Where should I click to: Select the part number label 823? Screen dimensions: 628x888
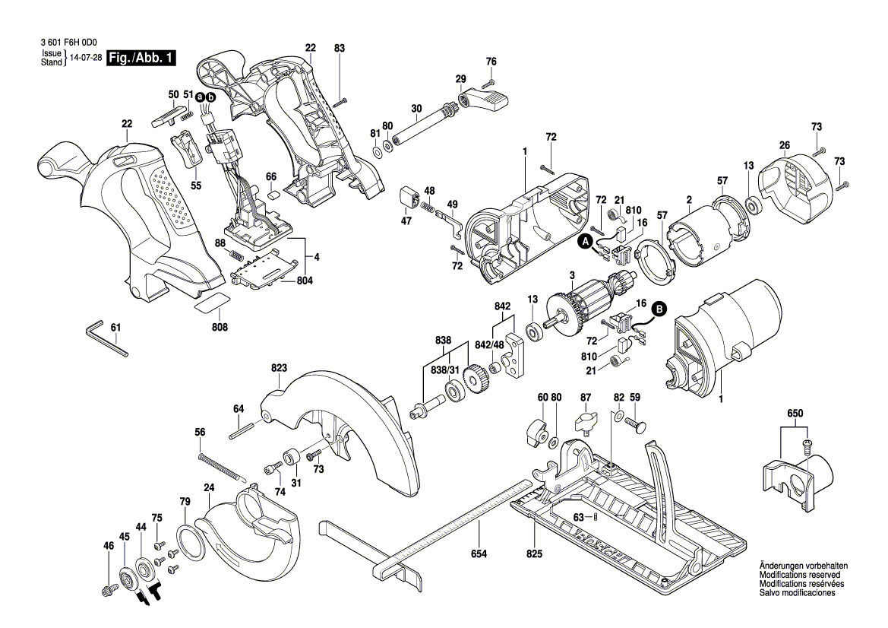tap(280, 368)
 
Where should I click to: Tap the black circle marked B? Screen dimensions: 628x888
tap(659, 309)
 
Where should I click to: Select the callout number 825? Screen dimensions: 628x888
tap(534, 554)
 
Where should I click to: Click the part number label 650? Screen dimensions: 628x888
tap(794, 413)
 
